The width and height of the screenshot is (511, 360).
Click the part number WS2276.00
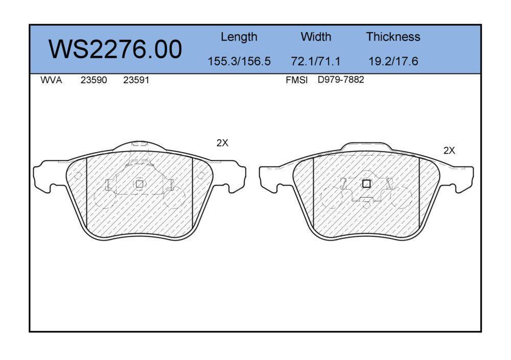pyautogui.click(x=115, y=49)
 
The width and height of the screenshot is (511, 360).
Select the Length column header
pyautogui.click(x=239, y=37)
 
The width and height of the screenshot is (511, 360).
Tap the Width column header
pyautogui.click(x=316, y=36)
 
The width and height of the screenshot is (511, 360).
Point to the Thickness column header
pyautogui.click(x=393, y=36)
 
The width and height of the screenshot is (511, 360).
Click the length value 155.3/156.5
pyautogui.click(x=239, y=61)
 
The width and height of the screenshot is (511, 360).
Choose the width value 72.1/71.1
pyautogui.click(x=315, y=61)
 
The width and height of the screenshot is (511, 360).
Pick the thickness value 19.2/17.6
pyautogui.click(x=393, y=61)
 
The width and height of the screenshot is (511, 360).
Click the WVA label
pyautogui.click(x=51, y=80)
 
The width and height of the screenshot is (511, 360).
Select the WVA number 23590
pyautogui.click(x=94, y=80)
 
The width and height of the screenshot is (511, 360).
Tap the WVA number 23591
pyautogui.click(x=136, y=80)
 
